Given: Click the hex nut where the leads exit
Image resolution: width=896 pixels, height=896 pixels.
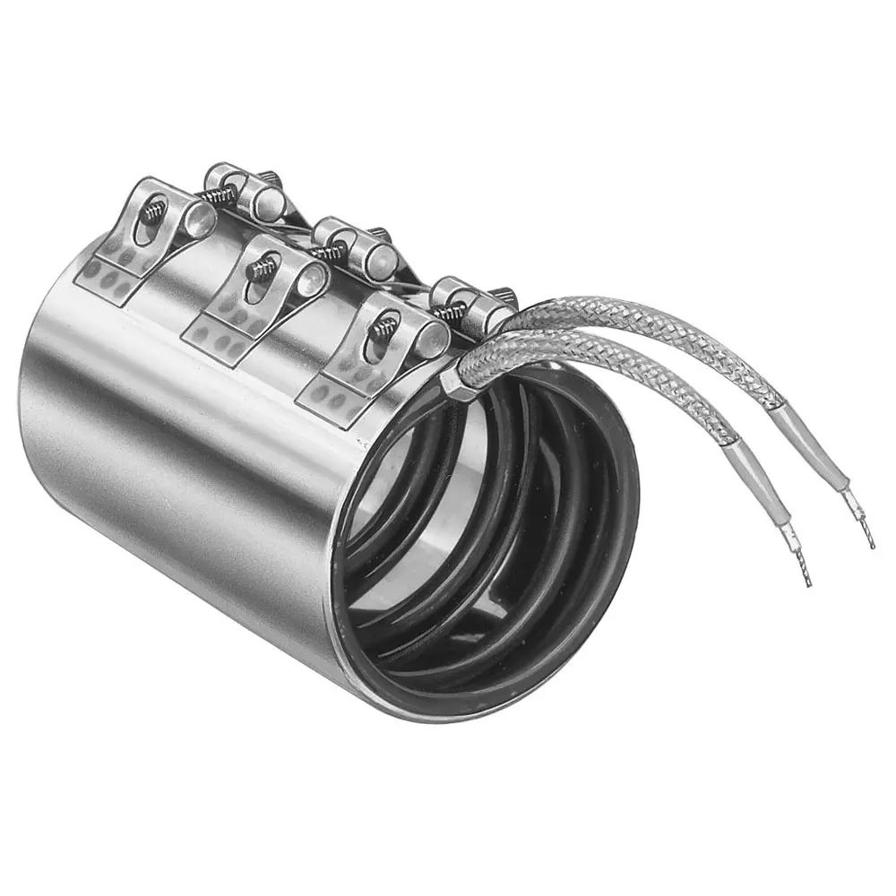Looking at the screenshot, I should click(x=454, y=383).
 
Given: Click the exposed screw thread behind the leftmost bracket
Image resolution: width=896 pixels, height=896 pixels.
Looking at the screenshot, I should click(x=219, y=193).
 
